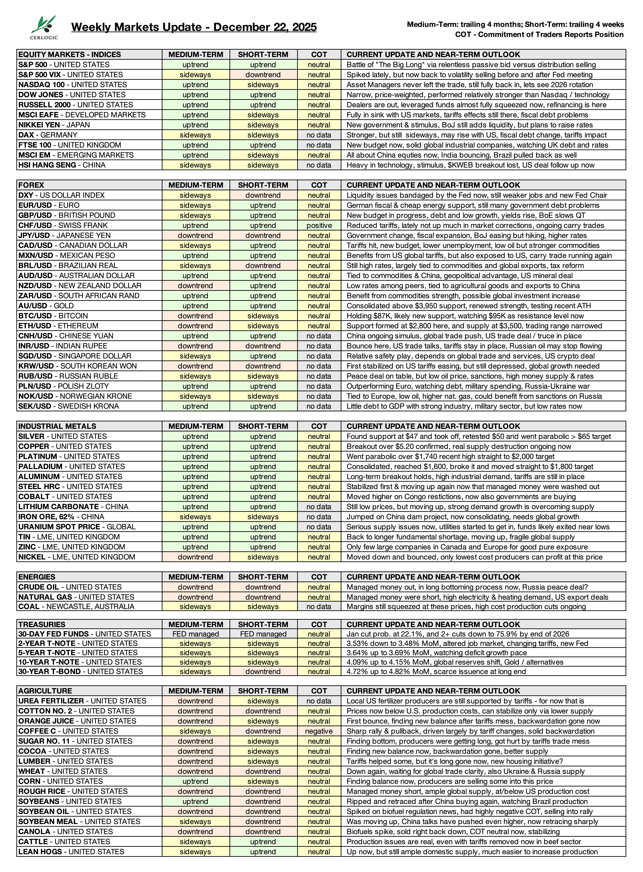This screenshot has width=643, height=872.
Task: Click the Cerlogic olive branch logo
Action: [44, 27]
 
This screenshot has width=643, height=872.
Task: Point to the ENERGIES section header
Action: [37, 577]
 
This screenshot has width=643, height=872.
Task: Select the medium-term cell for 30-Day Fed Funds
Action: [195, 634]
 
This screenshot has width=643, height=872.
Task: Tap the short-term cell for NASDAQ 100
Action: [263, 85]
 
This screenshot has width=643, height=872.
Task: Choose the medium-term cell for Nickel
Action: [195, 557]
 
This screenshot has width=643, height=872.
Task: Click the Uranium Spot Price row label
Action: [77, 527]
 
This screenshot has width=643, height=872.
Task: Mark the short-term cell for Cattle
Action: [263, 842]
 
